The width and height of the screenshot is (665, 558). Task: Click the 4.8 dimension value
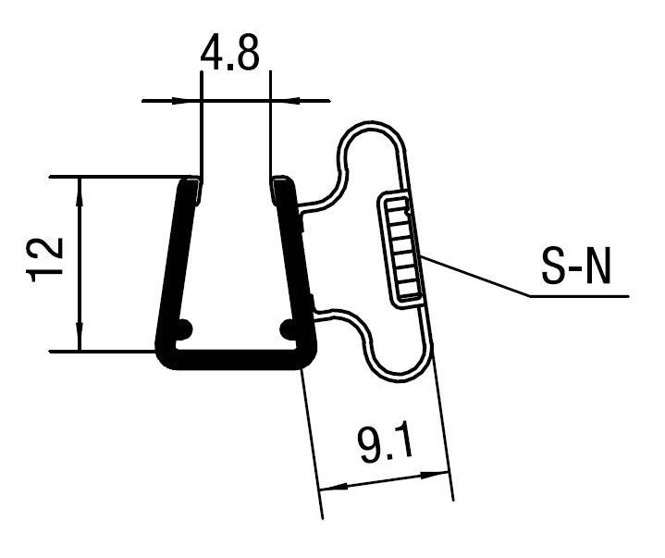click(x=230, y=55)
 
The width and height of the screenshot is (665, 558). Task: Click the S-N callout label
click(x=576, y=268)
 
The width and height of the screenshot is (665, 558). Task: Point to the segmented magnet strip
click(x=401, y=248)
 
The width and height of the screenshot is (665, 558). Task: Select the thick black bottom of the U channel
click(x=236, y=359)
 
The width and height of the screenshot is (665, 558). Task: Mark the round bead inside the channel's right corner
click(x=288, y=328)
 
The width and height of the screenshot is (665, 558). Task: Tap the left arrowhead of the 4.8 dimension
click(x=192, y=100)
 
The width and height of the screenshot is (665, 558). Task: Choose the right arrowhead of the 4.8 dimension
click(x=279, y=100)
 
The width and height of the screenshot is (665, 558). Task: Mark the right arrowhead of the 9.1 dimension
click(x=441, y=474)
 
